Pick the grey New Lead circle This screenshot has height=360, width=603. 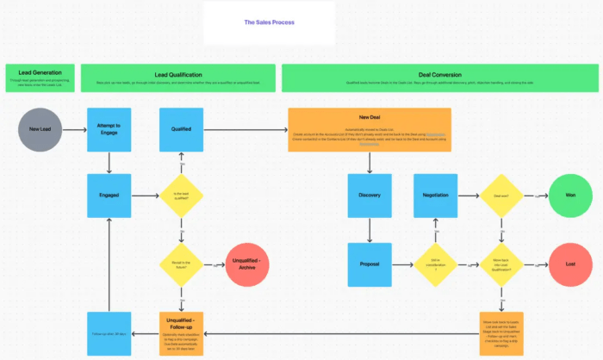[40, 129]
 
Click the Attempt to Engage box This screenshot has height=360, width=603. [109, 129]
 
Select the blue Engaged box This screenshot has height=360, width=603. [109, 195]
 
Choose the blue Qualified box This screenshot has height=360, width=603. [181, 129]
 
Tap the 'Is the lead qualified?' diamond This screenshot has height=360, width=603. [181, 196]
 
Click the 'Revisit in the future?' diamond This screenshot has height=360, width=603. [181, 264]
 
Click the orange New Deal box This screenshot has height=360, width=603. [369, 129]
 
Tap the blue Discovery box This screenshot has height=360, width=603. [369, 195]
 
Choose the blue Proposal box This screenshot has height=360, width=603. [369, 264]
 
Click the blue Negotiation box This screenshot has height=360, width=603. [435, 195]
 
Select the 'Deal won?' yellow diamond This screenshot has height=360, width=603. [501, 196]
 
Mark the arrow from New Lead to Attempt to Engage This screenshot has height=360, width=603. [75, 130]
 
